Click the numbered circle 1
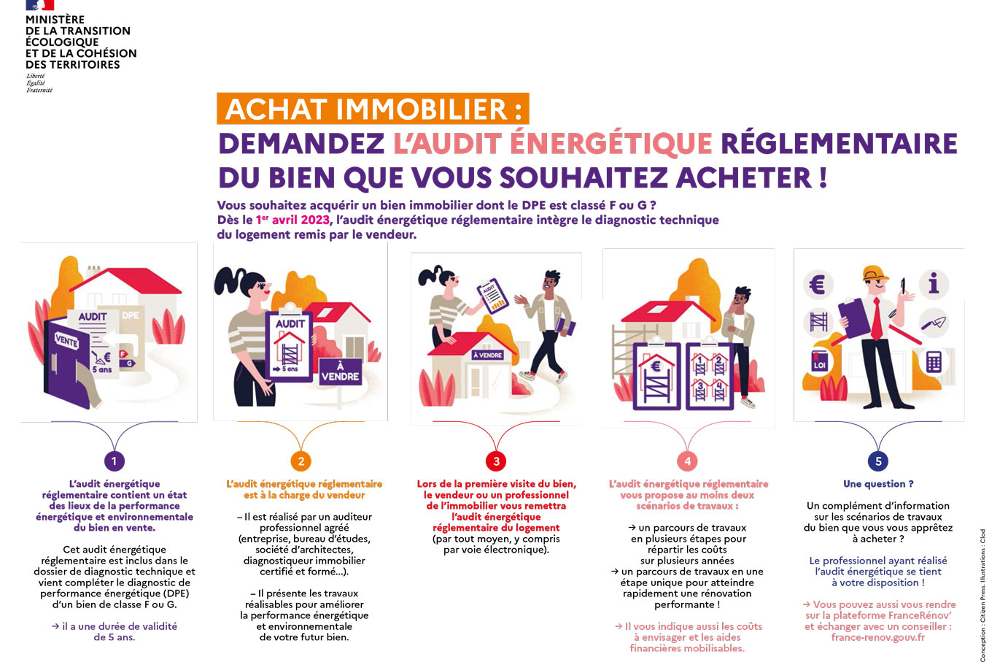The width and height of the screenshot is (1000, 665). tap(113, 461)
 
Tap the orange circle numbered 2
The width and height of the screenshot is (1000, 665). tap(301, 461)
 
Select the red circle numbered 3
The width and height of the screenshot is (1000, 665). tap(496, 461)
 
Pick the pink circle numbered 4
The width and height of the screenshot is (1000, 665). tap(687, 461)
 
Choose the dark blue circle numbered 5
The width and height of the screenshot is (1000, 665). tap(878, 461)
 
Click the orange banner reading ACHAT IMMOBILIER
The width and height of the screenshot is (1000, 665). tap(373, 109)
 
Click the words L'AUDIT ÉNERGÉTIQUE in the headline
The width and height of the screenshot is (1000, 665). tap(552, 144)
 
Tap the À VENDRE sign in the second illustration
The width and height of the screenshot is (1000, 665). tap(340, 372)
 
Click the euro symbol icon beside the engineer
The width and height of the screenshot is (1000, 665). tap(817, 283)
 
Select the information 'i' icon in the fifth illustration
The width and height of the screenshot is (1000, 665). tap(933, 283)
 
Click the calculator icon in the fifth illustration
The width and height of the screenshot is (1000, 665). tap(934, 361)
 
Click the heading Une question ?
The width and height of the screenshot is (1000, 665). tap(877, 484)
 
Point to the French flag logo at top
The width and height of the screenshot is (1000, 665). tap(39, 5)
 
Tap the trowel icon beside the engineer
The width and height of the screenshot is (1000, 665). tap(934, 322)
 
